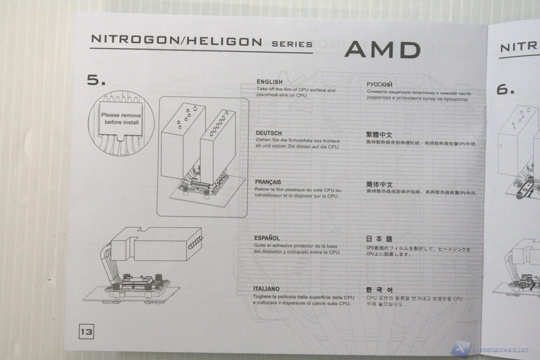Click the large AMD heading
tap(382, 49)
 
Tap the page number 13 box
tap(86, 331)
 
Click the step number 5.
tap(96, 80)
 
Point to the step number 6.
tap(505, 90)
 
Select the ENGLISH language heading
tap(269, 82)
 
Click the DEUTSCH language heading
tap(268, 133)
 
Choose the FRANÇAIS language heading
tap(268, 182)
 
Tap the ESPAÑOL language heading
tap(267, 238)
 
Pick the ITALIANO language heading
tap(266, 289)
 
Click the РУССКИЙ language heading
tap(379, 84)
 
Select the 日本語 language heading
tap(379, 239)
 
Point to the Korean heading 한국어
tap(379, 290)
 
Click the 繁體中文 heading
tap(379, 135)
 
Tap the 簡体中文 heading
tap(379, 184)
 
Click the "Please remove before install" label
tap(121, 119)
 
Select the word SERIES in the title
tap(292, 44)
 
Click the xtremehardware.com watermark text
tap(501, 349)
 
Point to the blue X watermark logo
tap(462, 349)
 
